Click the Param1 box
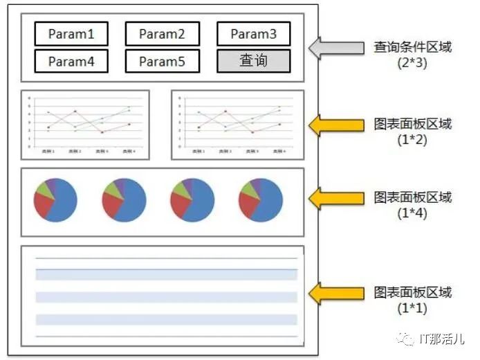(71, 33)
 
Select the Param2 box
(163, 33)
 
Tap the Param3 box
(253, 33)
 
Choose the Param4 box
(71, 61)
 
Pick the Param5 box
(163, 61)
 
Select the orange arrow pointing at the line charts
(335, 125)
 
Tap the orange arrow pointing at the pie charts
(335, 198)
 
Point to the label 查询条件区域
(413, 47)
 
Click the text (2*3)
(413, 63)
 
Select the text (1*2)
(413, 140)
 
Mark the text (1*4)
(413, 213)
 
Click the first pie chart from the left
(55, 200)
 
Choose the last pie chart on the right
(260, 200)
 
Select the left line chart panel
(86, 125)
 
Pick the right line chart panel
(237, 125)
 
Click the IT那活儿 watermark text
(442, 339)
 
